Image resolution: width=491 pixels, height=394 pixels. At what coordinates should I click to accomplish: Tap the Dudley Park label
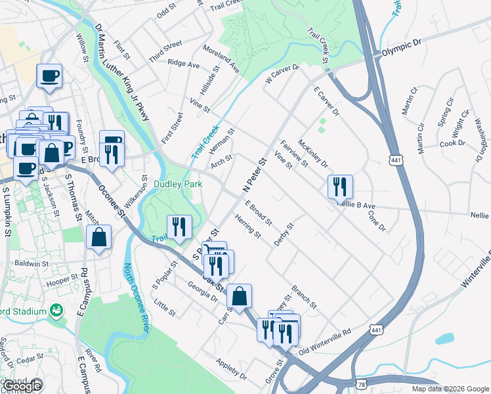click(177, 185)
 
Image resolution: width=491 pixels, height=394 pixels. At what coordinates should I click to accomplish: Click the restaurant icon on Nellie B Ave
click(341, 187)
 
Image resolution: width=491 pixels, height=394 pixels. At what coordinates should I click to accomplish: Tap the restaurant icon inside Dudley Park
click(179, 228)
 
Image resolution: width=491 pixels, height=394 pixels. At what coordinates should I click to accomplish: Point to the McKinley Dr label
click(312, 153)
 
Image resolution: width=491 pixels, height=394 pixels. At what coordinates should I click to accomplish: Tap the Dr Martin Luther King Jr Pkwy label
click(122, 73)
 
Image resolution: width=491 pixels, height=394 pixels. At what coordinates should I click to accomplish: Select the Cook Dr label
click(452, 143)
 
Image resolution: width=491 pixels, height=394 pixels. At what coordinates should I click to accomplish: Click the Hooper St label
click(68, 280)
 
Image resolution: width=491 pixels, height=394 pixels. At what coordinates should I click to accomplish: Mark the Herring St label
click(249, 227)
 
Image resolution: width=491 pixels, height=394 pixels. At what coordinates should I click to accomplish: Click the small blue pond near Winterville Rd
click(444, 339)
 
